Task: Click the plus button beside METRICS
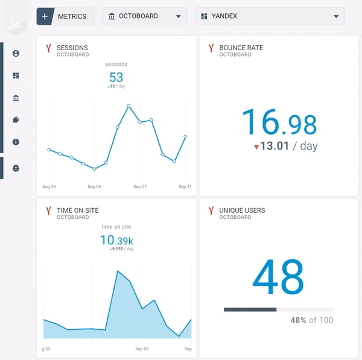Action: pyautogui.click(x=45, y=16)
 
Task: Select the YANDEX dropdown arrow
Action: pyautogui.click(x=336, y=16)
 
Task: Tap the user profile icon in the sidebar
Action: pyautogui.click(x=16, y=54)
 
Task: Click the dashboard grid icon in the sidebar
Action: pyautogui.click(x=16, y=76)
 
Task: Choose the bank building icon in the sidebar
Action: pyautogui.click(x=16, y=98)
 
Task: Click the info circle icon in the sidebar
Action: pyautogui.click(x=16, y=142)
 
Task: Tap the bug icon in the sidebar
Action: pyautogui.click(x=16, y=168)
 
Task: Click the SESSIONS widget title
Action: pyautogui.click(x=72, y=48)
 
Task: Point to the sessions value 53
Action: pyautogui.click(x=116, y=77)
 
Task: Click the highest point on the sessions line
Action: pyautogui.click(x=129, y=106)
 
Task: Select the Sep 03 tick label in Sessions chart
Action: pyautogui.click(x=94, y=187)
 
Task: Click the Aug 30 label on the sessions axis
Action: pyautogui.click(x=49, y=187)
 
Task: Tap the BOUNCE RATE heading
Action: pyautogui.click(x=241, y=48)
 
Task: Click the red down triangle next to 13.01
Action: pyautogui.click(x=256, y=147)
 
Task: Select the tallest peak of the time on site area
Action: pyautogui.click(x=118, y=271)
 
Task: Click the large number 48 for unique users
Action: pyautogui.click(x=278, y=278)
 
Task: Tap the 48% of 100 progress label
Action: pyautogui.click(x=311, y=320)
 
